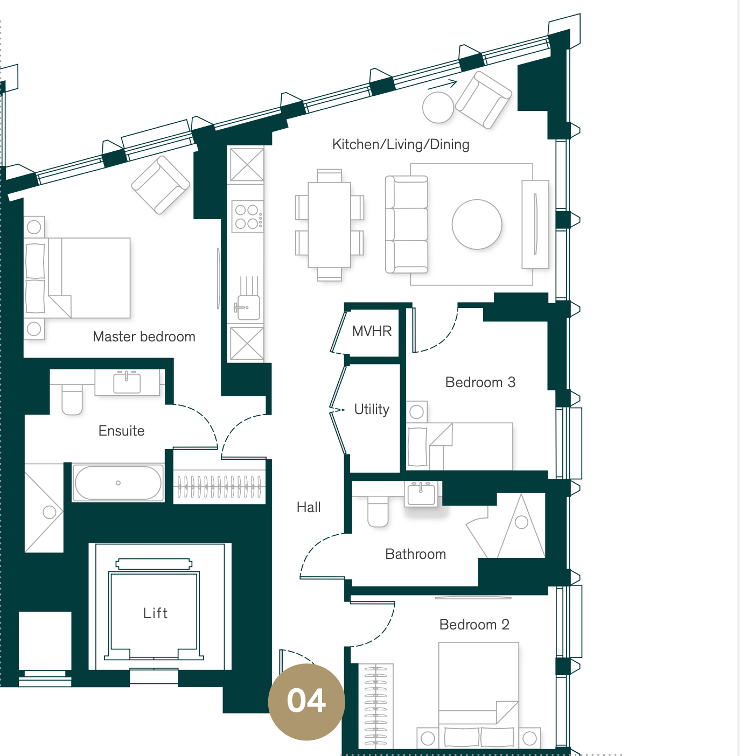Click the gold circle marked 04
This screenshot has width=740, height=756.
point(306,702)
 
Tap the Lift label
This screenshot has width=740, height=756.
point(156,613)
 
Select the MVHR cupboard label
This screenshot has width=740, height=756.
point(372,331)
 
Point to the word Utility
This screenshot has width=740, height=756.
point(372,409)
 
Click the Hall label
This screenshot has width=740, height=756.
point(309,507)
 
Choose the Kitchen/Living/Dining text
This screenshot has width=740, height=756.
point(401,144)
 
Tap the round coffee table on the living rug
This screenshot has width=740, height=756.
point(477,224)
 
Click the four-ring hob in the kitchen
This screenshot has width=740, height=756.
point(248,216)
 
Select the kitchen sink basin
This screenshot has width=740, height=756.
point(248,307)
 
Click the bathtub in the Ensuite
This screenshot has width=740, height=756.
point(118,482)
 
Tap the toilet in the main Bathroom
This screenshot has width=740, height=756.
point(378,511)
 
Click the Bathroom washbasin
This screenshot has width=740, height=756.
point(421,494)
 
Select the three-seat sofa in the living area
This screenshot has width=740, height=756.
point(407,225)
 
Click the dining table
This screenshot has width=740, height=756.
point(329,225)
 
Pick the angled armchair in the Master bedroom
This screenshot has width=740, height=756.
point(160,185)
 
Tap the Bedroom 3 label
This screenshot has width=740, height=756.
point(480,382)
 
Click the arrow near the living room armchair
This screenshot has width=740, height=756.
point(442,85)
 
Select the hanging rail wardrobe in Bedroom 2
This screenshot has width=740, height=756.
point(376,706)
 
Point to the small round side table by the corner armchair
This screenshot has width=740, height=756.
point(438,108)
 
